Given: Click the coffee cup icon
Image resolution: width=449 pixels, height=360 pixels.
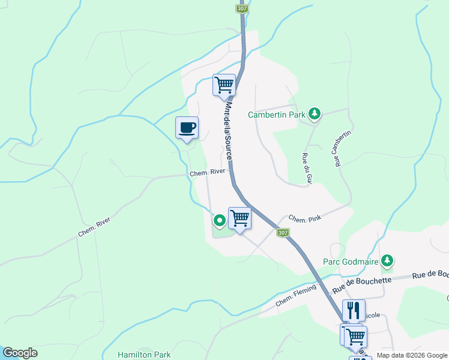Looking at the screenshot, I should tap(187, 128).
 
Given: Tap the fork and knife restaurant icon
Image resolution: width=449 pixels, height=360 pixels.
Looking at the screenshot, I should tap(354, 310).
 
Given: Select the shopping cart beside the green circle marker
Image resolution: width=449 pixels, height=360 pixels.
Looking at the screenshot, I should tap(240, 218).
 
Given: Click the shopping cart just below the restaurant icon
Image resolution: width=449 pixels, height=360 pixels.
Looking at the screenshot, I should tap(355, 336).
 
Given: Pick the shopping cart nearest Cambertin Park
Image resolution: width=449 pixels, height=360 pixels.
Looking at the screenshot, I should tap(224, 85).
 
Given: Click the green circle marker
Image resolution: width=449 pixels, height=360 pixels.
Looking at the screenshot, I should tap(220, 220).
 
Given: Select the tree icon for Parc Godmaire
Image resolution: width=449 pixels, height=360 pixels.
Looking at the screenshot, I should tap(388, 260).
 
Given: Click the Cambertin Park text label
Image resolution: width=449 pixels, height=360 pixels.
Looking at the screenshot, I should tap(277, 114).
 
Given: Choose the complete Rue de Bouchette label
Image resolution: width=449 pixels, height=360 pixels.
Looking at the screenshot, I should tap(366, 280).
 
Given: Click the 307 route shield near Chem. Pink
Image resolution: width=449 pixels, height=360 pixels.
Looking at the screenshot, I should tap(283, 232).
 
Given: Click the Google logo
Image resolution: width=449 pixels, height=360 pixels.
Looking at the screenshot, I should tap(20, 353).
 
